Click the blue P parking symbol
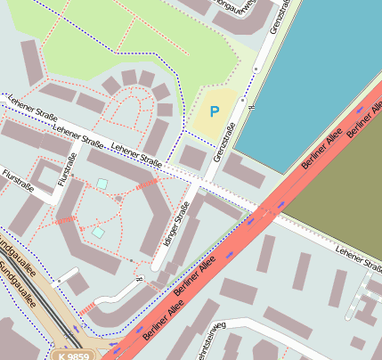213,111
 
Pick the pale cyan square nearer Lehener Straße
102,184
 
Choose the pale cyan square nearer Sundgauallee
96,233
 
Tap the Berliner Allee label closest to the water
363,123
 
